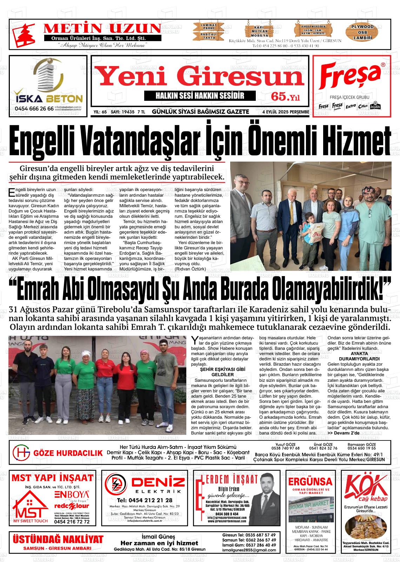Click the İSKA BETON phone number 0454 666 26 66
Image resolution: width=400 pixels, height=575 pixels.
[34, 109]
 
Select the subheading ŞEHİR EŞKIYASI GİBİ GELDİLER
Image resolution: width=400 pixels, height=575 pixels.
[218, 372]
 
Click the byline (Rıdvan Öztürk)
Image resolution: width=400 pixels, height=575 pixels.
[190, 269]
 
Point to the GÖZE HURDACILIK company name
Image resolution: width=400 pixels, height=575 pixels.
[68, 453]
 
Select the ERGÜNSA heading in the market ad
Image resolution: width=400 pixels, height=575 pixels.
[310, 481]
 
